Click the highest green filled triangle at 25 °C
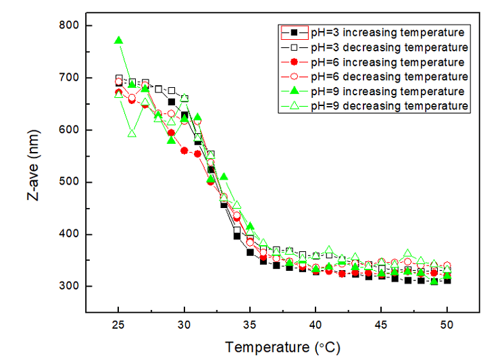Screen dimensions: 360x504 pyautogui.click(x=119, y=41)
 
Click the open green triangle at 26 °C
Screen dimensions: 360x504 pyautogui.click(x=132, y=134)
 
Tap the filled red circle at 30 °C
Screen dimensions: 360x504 pyautogui.click(x=184, y=151)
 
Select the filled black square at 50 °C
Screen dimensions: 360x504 pyautogui.click(x=447, y=280)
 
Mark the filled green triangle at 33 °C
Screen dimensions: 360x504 pyautogui.click(x=224, y=178)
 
